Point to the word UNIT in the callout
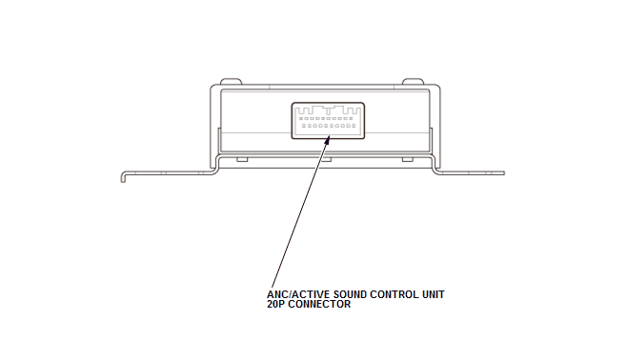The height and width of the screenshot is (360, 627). point(433,294)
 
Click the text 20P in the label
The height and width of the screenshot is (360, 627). point(276,304)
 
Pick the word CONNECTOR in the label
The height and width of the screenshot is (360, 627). point(319,304)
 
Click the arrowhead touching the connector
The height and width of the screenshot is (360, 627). point(327,140)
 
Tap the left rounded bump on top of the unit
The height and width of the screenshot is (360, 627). point(232,82)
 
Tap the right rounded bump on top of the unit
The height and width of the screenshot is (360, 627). point(413,82)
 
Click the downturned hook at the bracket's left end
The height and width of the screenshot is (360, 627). point(124,176)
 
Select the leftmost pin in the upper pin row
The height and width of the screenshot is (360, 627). point(301,119)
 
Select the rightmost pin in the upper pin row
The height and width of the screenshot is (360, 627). point(351,119)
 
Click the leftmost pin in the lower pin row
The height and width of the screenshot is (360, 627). point(304,126)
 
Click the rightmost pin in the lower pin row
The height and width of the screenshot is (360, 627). point(354,126)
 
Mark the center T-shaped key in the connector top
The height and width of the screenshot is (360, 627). point(328,110)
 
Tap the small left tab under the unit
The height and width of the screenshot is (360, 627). point(242,159)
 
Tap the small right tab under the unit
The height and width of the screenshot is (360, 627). point(408,159)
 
